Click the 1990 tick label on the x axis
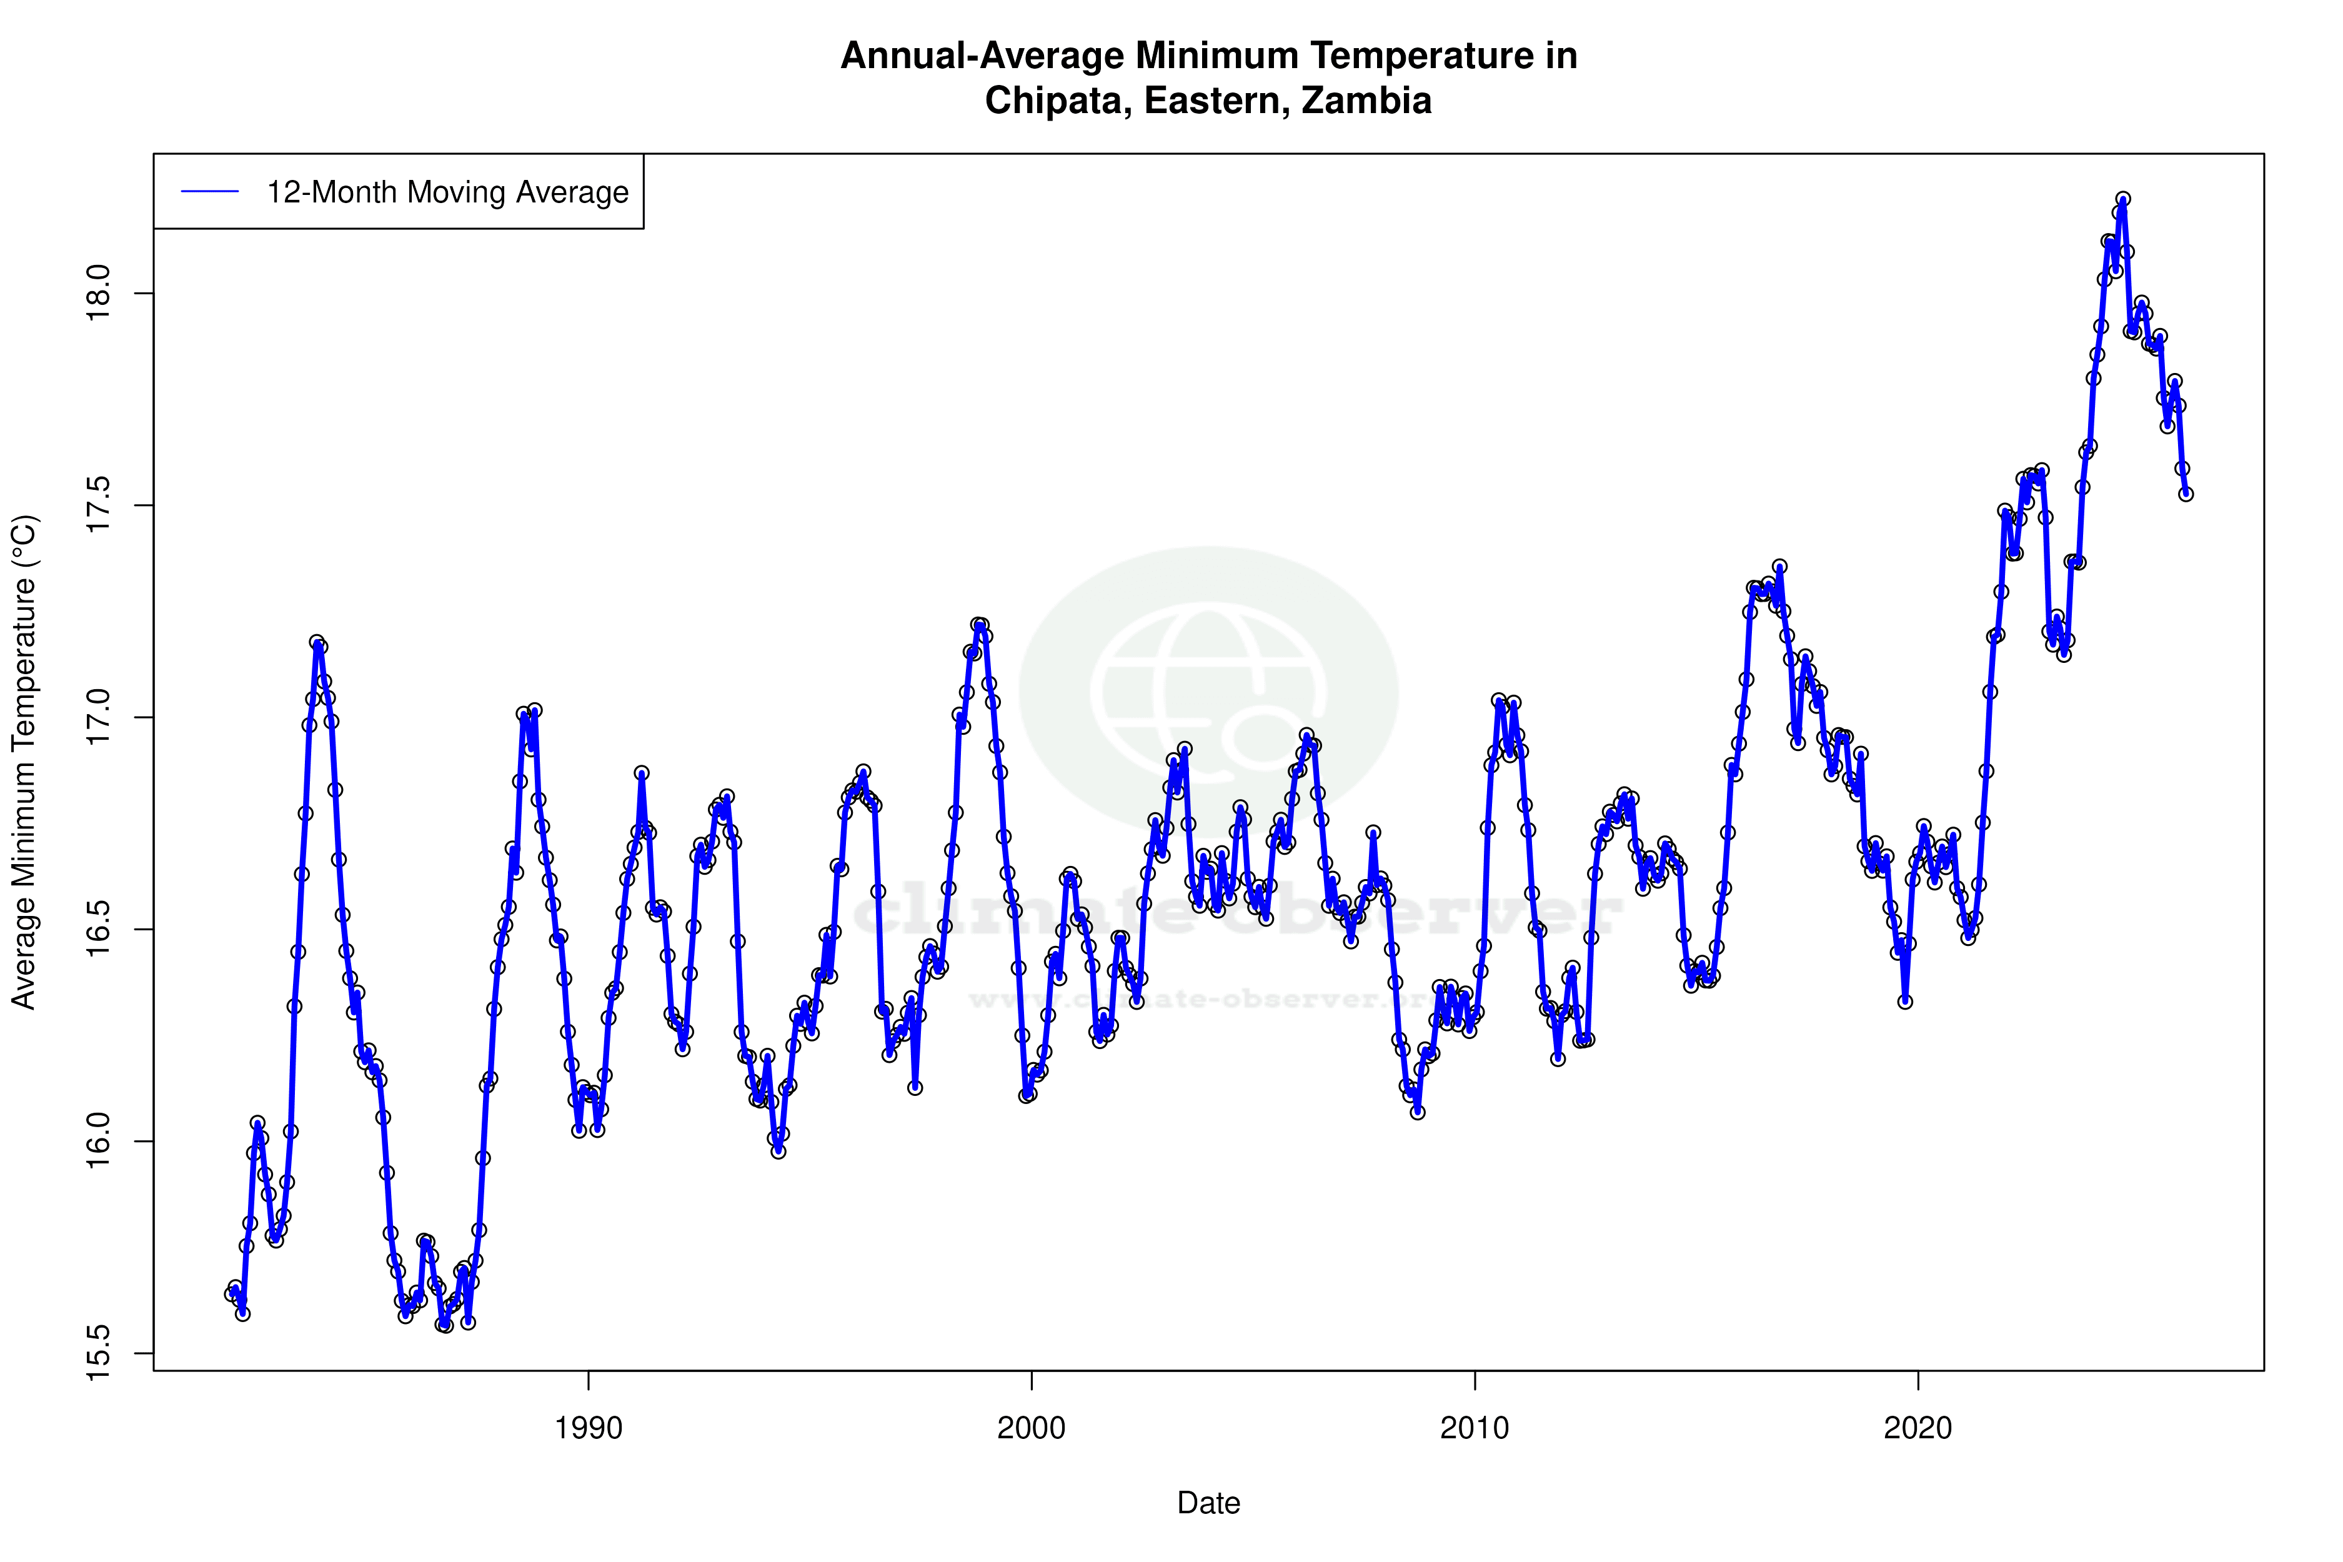click(588, 1428)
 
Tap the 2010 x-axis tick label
click(1475, 1428)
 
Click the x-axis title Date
click(1208, 1503)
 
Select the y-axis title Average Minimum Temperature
click(23, 762)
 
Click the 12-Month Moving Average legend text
click(447, 192)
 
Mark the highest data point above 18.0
click(2123, 199)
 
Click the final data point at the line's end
click(2186, 494)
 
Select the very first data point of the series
click(231, 1294)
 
